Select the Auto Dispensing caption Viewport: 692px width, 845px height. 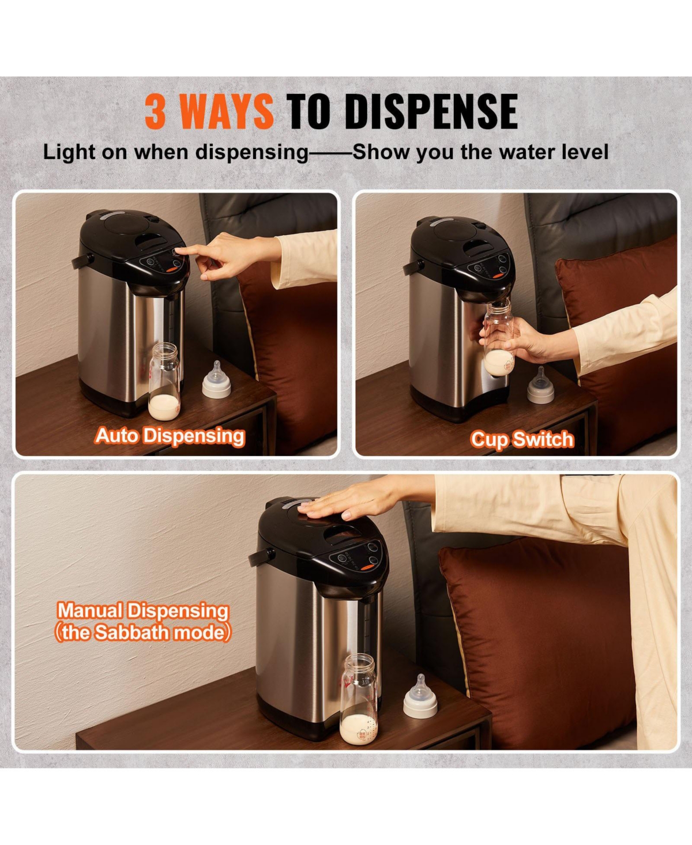coord(170,436)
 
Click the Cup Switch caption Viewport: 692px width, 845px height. coord(522,439)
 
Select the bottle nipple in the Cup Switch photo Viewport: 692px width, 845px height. coord(540,385)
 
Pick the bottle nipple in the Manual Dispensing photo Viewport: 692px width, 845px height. coord(420,696)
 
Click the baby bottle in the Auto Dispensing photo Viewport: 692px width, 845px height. coord(164,382)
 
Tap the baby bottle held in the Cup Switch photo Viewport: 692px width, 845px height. coord(499,339)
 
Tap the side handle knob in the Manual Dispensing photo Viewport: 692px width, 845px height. coord(261,556)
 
